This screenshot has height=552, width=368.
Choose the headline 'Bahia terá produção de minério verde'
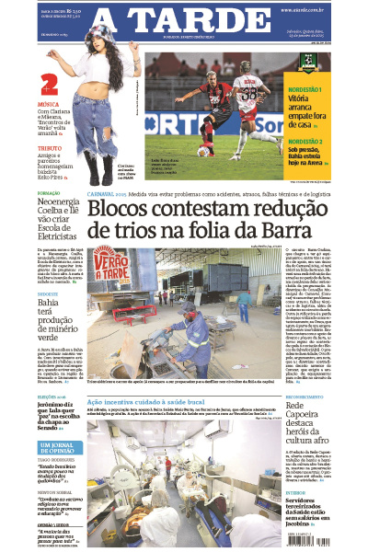(x=59, y=324)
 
